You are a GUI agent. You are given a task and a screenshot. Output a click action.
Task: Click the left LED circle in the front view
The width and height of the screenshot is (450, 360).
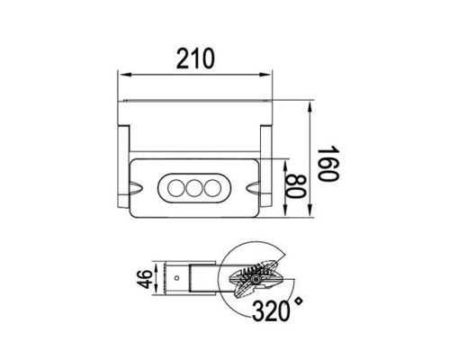click(174, 189)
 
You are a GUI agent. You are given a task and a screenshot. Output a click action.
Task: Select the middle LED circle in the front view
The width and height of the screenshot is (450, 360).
click(193, 189)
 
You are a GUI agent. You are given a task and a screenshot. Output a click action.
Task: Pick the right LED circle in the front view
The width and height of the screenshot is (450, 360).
click(211, 189)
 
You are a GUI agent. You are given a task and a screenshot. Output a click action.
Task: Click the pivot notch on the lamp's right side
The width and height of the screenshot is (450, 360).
click(256, 189)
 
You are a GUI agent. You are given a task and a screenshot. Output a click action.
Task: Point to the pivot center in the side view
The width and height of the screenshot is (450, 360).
click(256, 280)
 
